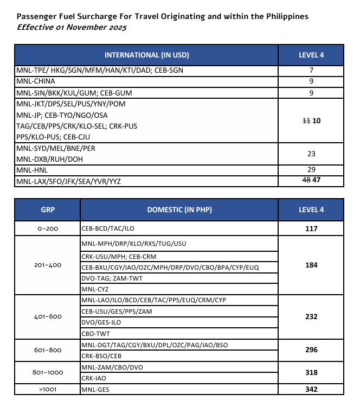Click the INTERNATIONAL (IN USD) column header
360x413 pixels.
146,55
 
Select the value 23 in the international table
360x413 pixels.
311,154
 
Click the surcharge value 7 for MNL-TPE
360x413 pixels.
311,71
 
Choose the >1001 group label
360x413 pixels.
48,389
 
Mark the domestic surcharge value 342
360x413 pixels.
311,389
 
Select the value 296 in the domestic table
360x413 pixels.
311,350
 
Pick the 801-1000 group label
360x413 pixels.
48,372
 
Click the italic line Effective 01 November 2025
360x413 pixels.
72,27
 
